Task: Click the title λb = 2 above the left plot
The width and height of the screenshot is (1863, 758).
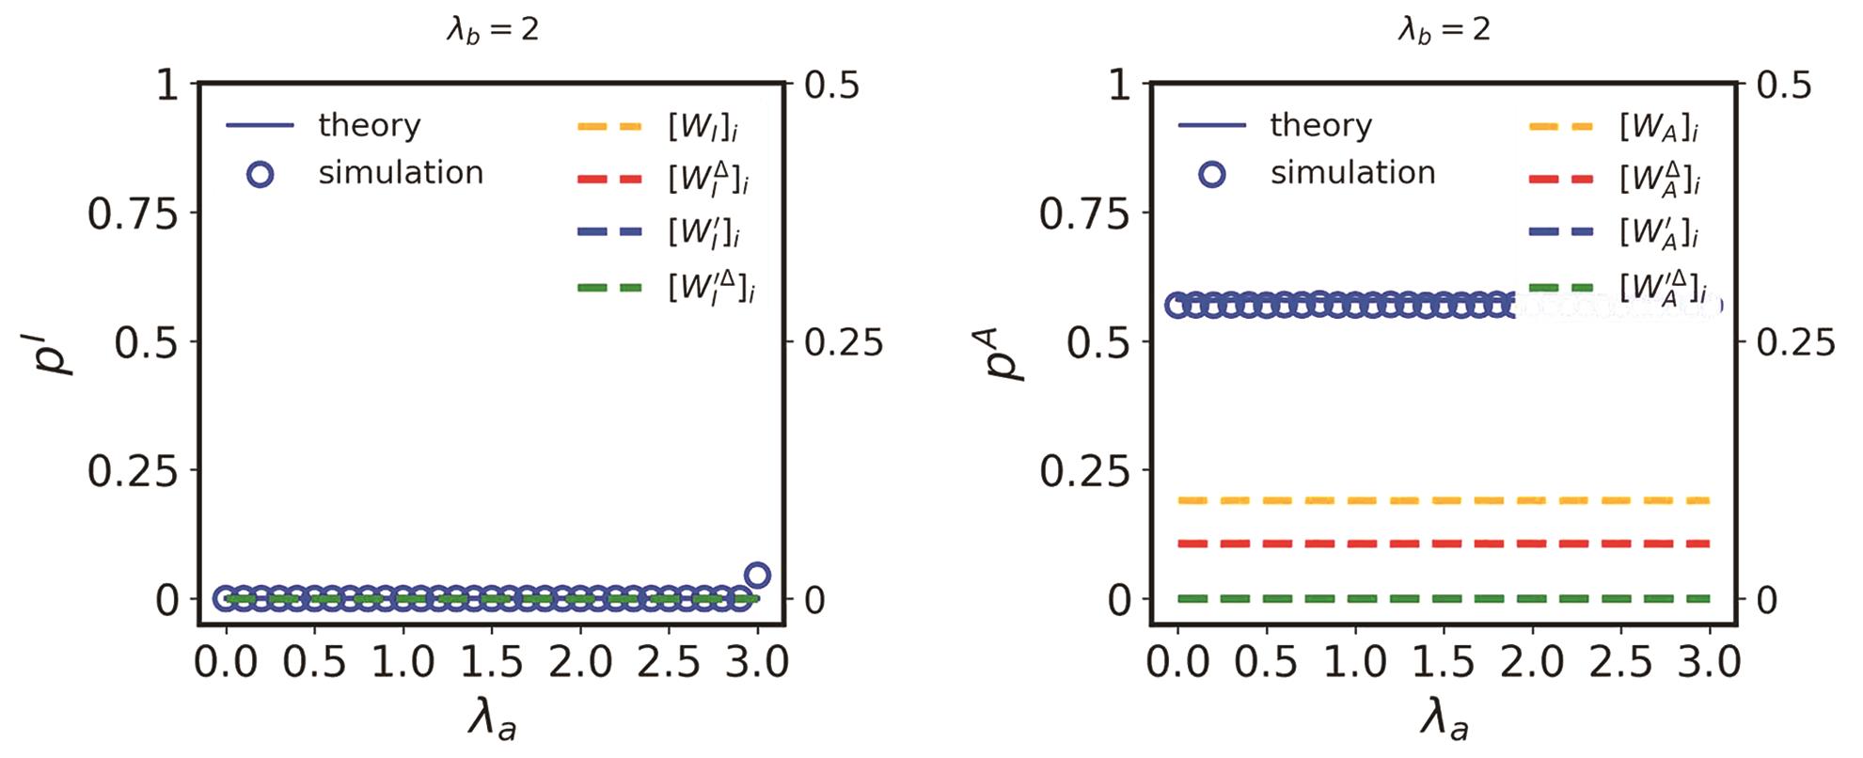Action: (492, 30)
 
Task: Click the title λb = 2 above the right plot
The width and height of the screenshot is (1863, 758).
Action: (1444, 30)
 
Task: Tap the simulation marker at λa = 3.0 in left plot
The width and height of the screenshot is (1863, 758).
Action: (757, 576)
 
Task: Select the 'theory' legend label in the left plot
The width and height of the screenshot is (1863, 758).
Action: (369, 125)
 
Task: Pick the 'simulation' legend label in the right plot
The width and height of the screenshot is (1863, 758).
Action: (1352, 173)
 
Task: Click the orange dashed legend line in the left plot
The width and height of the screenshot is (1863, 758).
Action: (609, 126)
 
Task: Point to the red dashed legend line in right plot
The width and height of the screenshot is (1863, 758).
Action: (1561, 179)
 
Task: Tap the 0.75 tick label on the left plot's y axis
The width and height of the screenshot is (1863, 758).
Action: (133, 214)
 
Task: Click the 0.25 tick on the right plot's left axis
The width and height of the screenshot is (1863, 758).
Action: (1083, 471)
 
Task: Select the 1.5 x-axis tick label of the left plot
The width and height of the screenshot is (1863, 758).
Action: (492, 663)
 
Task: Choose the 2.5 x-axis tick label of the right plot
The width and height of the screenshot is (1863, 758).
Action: (1620, 663)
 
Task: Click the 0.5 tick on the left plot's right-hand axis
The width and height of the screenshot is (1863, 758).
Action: (831, 86)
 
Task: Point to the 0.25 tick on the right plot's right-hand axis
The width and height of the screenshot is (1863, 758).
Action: (1795, 343)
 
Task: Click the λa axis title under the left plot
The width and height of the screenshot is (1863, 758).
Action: (492, 722)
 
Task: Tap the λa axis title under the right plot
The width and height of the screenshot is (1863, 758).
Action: (1444, 722)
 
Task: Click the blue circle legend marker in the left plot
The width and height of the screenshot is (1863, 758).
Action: (261, 174)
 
